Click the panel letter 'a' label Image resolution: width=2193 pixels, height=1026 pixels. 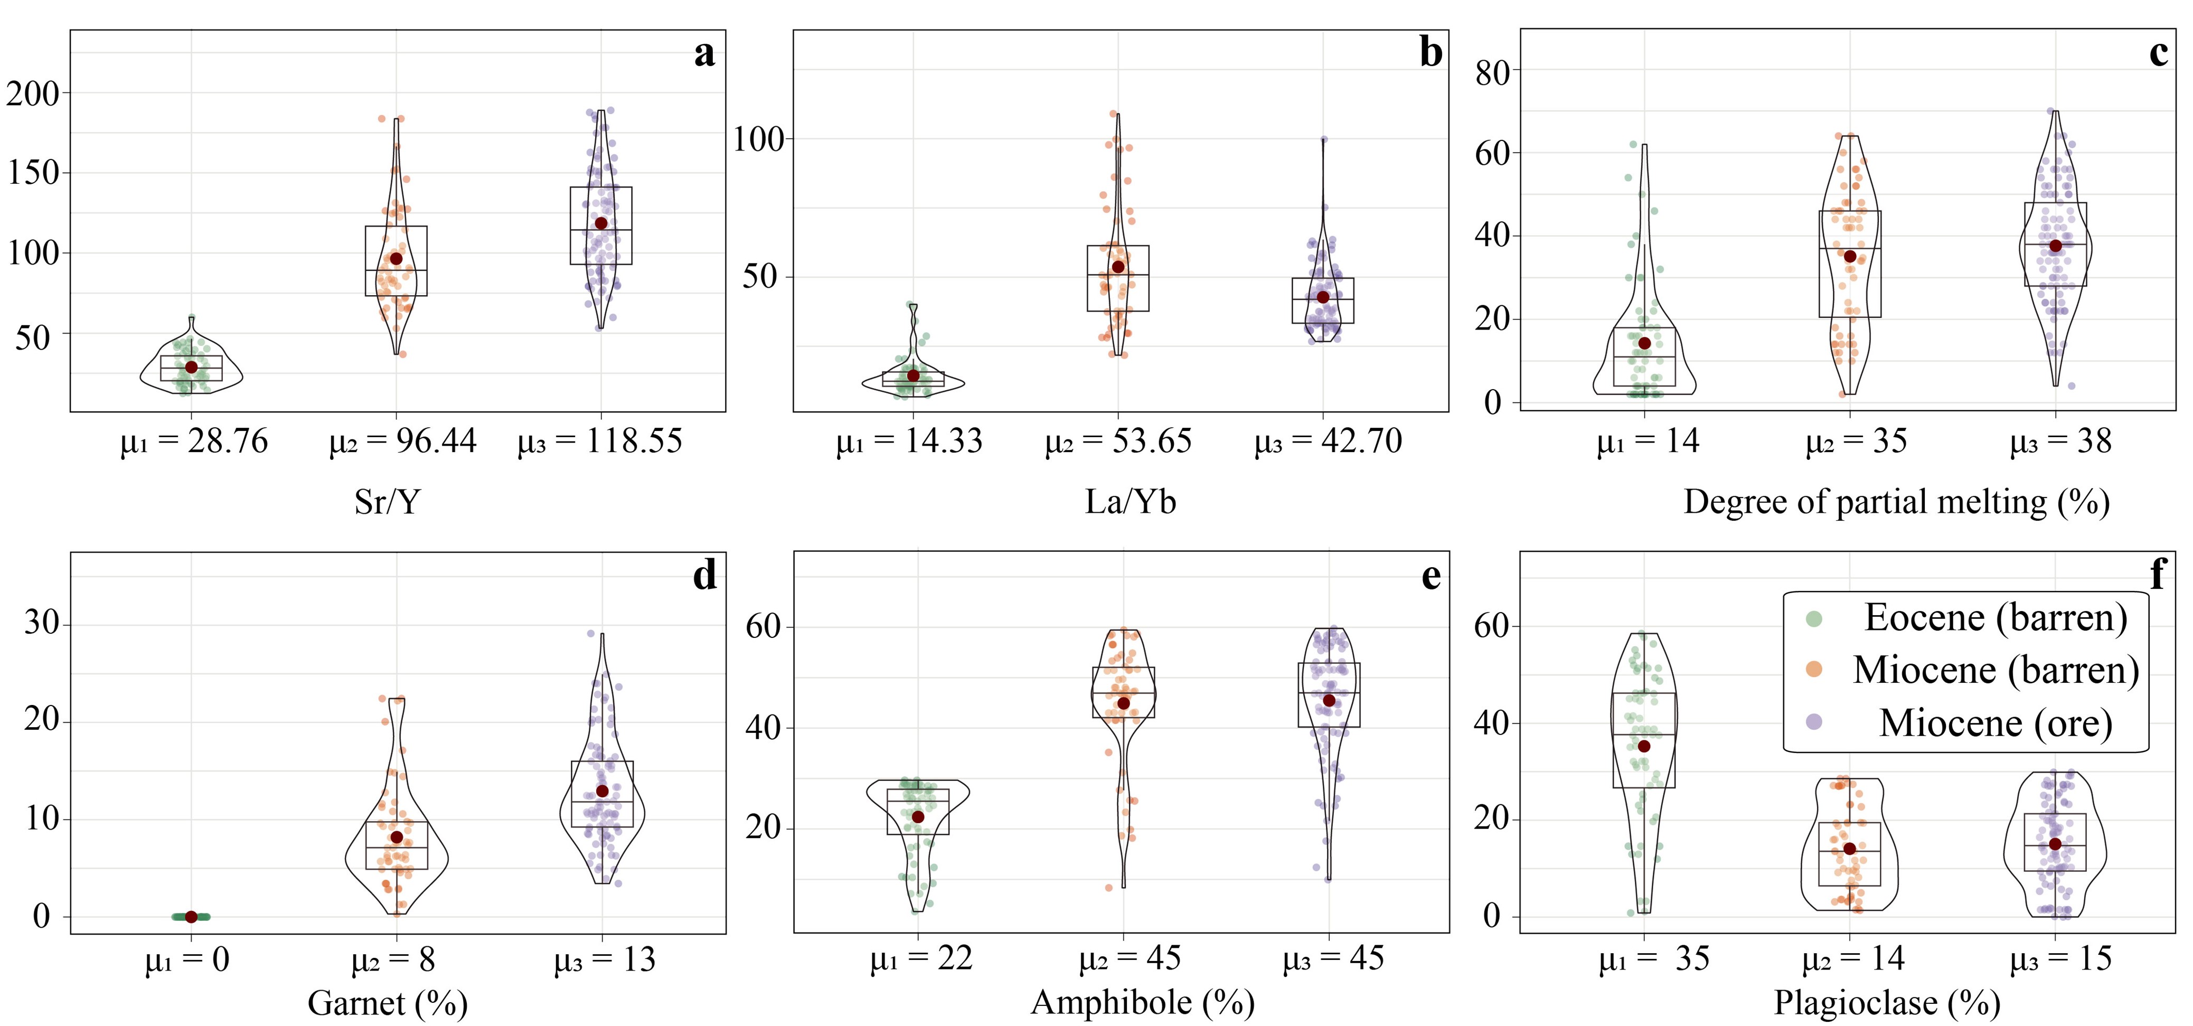click(x=704, y=54)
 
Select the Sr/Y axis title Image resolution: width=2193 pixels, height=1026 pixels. click(x=388, y=502)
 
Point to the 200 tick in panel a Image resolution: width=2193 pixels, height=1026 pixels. click(x=33, y=93)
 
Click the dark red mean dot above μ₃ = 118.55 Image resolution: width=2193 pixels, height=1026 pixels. click(x=601, y=223)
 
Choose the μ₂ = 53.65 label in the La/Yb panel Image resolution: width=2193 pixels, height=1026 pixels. click(x=1118, y=441)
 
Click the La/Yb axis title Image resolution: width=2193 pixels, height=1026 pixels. click(x=1130, y=502)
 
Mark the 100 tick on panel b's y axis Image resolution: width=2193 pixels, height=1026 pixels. click(x=758, y=139)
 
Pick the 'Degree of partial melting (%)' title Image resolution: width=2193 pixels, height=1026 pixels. click(x=1896, y=502)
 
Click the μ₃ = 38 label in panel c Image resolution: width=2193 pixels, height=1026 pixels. click(x=2060, y=441)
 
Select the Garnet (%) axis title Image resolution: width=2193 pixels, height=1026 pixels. click(x=388, y=1003)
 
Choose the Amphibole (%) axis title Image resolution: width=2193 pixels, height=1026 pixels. click(x=1143, y=1002)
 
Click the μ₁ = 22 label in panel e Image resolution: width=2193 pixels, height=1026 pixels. click(x=920, y=959)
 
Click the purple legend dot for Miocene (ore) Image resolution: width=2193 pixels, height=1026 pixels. click(x=1814, y=722)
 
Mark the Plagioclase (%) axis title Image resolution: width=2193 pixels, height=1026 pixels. click(x=1887, y=1002)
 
